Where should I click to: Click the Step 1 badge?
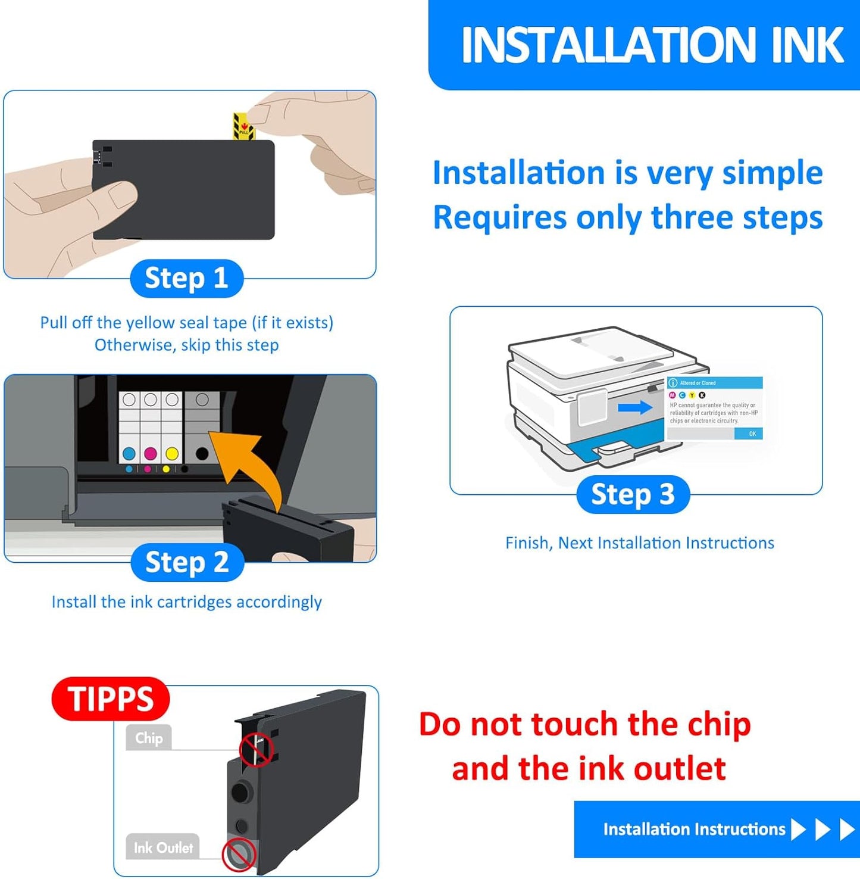pyautogui.click(x=186, y=278)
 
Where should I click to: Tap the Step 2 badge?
pyautogui.click(x=187, y=562)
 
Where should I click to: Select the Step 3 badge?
pyautogui.click(x=633, y=494)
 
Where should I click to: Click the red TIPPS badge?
pyautogui.click(x=111, y=699)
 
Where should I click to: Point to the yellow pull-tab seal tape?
pyautogui.click(x=243, y=126)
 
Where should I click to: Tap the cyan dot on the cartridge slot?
pyautogui.click(x=129, y=454)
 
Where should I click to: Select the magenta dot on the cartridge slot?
pyautogui.click(x=150, y=454)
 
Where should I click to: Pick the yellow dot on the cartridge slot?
pyautogui.click(x=171, y=454)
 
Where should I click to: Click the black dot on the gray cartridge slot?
pyautogui.click(x=202, y=454)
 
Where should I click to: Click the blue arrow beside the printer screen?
pyautogui.click(x=635, y=408)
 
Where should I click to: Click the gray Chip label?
pyautogui.click(x=149, y=738)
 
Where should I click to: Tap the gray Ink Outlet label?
pyautogui.click(x=163, y=847)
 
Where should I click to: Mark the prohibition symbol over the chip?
pyautogui.click(x=256, y=750)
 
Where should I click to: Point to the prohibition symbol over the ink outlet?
pyautogui.click(x=239, y=855)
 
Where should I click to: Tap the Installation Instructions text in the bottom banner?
pyautogui.click(x=694, y=829)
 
